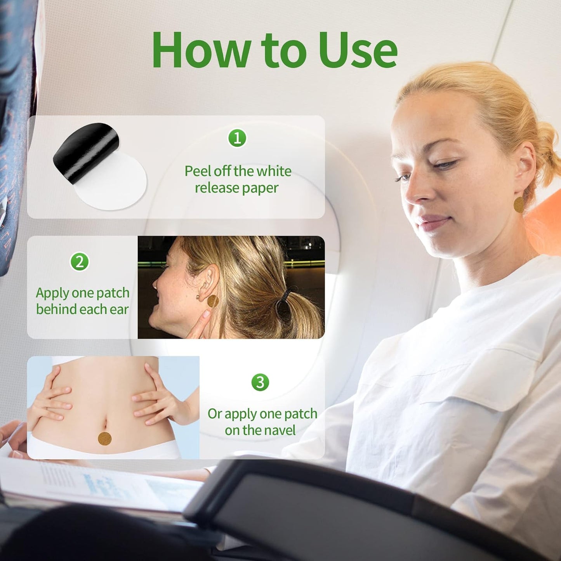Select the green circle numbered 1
coord(237,138)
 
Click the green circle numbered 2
coord(80,262)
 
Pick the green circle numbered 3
coord(260,382)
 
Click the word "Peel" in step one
coord(198,171)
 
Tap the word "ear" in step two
coord(119,310)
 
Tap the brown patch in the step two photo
coord(213,301)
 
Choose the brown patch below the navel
coord(104,439)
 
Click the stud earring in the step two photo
coord(198,297)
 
